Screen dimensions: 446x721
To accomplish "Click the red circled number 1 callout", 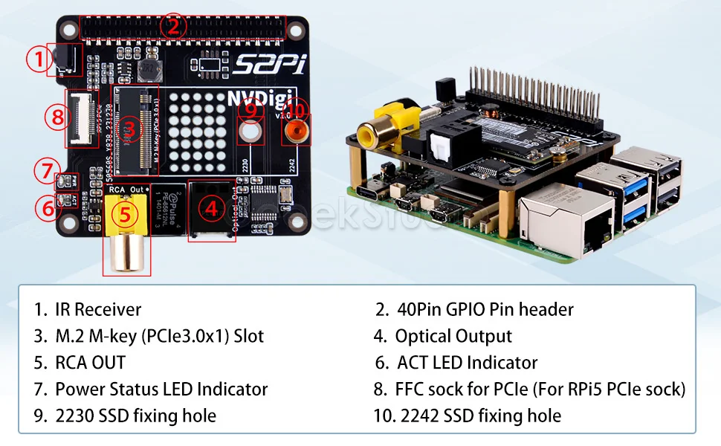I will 37,59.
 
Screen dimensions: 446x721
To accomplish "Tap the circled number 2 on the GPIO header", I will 173,27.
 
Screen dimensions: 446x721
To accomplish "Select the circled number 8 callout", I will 56,117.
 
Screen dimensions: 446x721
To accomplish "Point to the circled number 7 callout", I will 45,171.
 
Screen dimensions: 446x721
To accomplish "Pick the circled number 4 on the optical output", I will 212,210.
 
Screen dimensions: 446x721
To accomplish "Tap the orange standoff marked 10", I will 297,130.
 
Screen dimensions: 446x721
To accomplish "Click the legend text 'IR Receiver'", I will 97,309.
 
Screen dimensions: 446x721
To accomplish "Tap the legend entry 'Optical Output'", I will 453,336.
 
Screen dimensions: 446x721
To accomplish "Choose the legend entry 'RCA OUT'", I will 90,363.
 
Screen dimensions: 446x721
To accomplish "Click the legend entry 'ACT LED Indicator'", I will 467,363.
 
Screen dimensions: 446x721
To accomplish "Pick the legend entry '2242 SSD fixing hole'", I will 479,416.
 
